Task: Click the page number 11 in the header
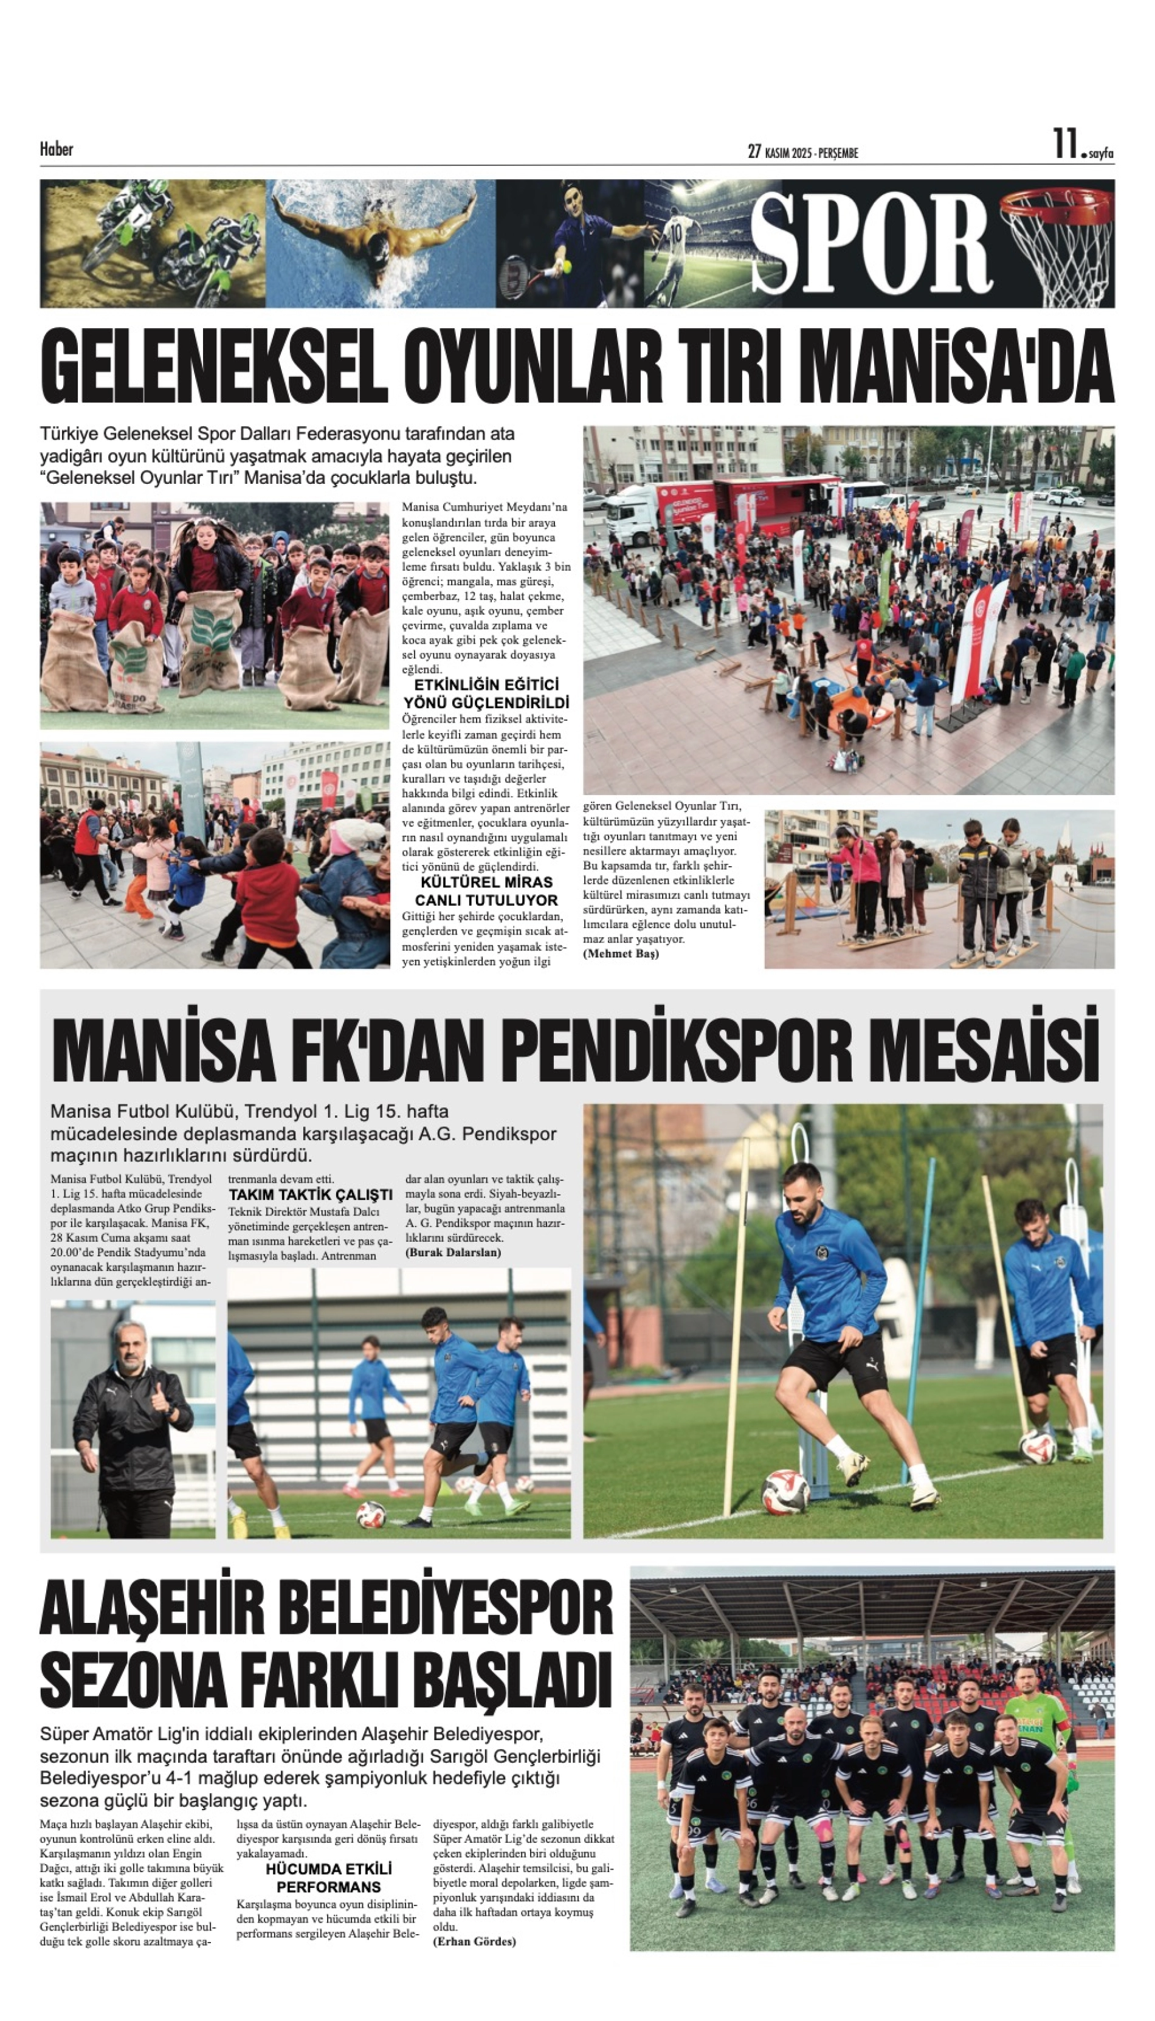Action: point(1064,145)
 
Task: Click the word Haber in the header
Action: point(57,149)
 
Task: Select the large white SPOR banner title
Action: point(871,244)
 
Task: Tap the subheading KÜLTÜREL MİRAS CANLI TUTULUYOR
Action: point(486,890)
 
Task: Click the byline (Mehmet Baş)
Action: point(621,954)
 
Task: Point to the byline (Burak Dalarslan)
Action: point(453,1253)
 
